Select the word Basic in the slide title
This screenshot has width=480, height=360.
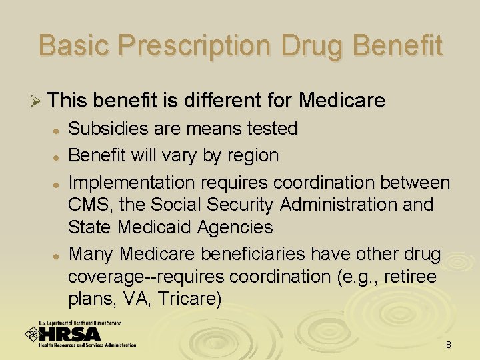(x=75, y=46)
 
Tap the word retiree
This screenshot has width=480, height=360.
(x=411, y=277)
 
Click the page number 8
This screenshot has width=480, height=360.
(x=449, y=345)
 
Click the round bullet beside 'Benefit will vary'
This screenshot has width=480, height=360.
(x=59, y=157)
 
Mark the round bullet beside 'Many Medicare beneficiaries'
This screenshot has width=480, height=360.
(x=59, y=255)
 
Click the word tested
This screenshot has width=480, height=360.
(x=271, y=129)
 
